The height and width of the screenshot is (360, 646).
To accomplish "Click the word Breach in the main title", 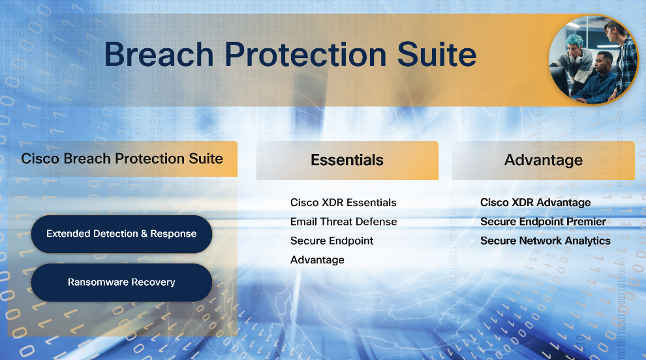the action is click(x=159, y=54).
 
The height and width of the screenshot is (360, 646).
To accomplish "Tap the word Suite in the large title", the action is click(x=437, y=54).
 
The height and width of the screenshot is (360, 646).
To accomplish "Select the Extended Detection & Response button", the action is click(x=121, y=234).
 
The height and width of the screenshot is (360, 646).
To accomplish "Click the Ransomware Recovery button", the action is click(x=121, y=282).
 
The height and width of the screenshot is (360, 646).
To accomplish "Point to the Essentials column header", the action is click(x=347, y=160).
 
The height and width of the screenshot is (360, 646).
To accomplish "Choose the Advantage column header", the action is click(x=544, y=160).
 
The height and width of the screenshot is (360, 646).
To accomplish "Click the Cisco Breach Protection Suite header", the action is click(x=123, y=159).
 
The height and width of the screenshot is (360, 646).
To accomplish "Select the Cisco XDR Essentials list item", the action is click(x=343, y=203).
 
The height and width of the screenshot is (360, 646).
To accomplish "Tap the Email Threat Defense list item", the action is click(x=344, y=222).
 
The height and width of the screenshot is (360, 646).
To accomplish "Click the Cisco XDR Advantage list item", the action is click(x=535, y=203).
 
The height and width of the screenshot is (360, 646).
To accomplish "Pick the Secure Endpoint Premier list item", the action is click(x=543, y=222).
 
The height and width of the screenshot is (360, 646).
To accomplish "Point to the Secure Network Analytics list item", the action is click(x=545, y=241).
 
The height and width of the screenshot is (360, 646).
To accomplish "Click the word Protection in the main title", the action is click(x=305, y=54).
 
